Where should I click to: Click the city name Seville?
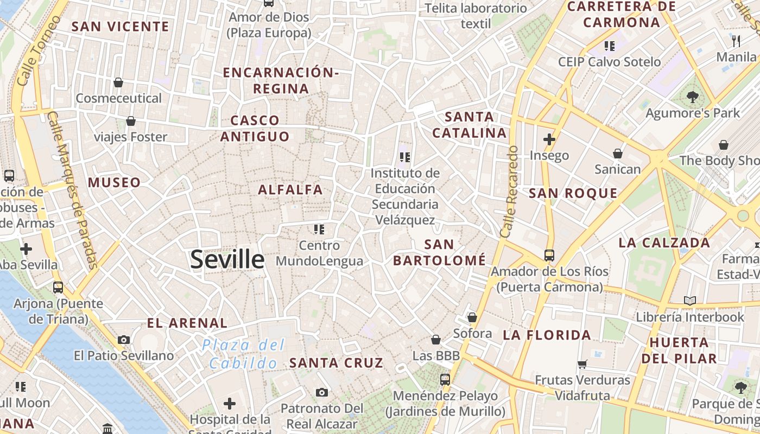pos(227,260)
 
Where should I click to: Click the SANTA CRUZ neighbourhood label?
pos(336,363)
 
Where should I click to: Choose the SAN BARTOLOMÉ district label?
pos(439,252)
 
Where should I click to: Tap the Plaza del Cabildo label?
pos(243,354)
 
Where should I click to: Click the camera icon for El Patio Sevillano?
pos(124,340)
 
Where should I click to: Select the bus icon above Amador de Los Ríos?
pos(549,255)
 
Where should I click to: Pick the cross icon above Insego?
pos(549,139)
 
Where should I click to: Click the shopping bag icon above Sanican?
pos(617,154)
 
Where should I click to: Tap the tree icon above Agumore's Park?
pos(692,97)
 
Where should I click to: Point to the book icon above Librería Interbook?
pos(689,301)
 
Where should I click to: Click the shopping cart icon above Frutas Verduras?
pos(582,364)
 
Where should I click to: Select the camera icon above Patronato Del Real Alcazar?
pos(321,392)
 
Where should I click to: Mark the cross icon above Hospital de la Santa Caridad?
pos(230,404)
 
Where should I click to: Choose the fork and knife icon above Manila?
pos(736,41)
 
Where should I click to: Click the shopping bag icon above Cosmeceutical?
pos(118,82)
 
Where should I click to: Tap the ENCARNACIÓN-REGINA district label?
pos(281,80)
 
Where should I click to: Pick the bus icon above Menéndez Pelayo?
pos(445,380)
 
